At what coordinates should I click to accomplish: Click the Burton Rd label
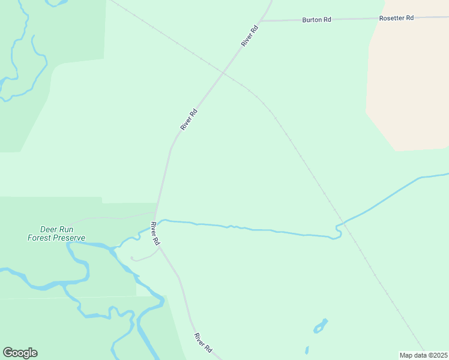coord(316,20)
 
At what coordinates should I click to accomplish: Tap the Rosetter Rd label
coord(396,18)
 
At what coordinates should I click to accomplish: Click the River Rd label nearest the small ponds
coord(203,342)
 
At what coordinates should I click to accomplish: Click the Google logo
coord(20,353)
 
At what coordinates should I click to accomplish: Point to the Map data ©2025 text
coord(423,355)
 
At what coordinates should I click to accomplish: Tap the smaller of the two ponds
coord(307,350)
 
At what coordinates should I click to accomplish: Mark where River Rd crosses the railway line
coord(223,73)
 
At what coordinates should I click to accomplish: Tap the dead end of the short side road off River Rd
coord(131,259)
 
